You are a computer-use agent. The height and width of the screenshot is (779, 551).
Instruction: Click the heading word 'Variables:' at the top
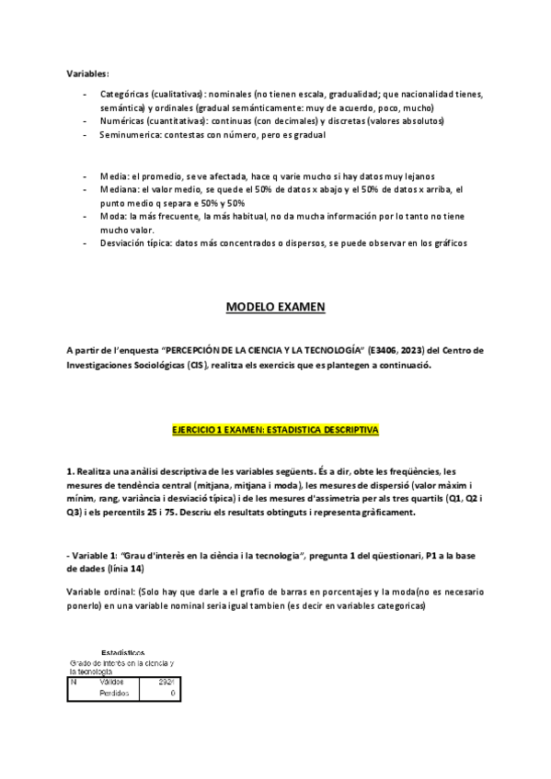pos(87,73)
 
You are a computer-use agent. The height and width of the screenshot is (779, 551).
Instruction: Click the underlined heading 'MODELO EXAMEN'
pos(275,309)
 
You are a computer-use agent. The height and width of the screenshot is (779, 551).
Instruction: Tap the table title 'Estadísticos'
pos(122,653)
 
